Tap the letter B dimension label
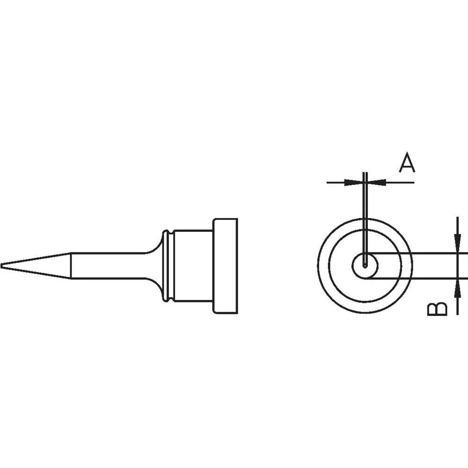437,309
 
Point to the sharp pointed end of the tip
2,266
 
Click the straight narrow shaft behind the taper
108,266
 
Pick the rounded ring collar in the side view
165,266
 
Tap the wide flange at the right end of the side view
226,266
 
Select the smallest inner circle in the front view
365,266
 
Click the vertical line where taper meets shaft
71,266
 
